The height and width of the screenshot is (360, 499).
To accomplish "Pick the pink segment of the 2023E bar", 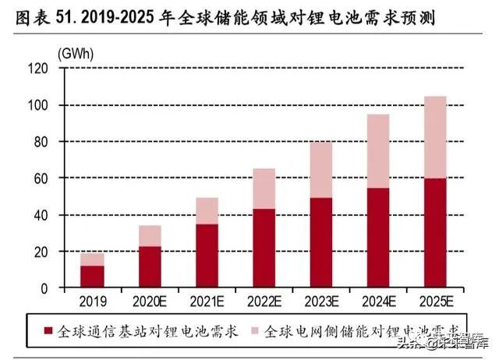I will coord(320,170).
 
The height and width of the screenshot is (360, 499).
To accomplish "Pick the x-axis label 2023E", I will coord(320,301).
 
